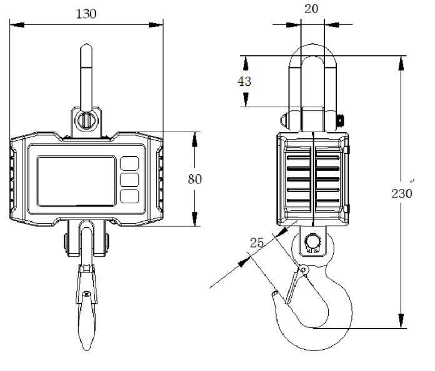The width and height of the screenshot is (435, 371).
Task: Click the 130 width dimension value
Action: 86,14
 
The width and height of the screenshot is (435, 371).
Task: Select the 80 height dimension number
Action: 195,179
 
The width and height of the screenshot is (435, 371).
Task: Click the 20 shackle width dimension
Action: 311,9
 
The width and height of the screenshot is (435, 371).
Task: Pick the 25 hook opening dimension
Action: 257,243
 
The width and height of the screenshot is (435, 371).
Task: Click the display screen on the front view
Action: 76,181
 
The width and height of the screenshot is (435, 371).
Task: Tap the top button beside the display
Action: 129,163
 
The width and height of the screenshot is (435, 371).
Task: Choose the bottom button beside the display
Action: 129,196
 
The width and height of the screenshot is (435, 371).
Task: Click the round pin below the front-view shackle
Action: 86,119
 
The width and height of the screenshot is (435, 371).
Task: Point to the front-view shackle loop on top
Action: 86,69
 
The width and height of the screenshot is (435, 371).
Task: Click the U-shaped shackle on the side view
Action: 311,75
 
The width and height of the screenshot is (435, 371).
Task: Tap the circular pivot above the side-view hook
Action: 311,241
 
